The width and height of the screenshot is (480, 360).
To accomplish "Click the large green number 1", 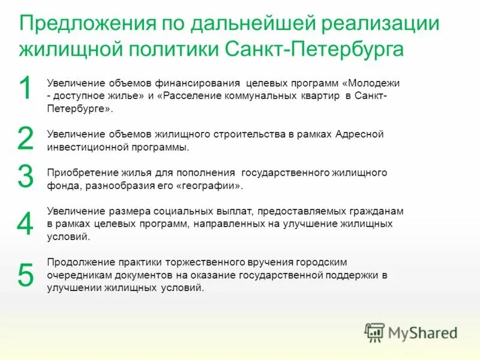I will (25, 89).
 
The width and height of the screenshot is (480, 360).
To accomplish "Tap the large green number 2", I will (25, 139).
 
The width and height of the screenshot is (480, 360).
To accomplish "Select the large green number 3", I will (25, 177).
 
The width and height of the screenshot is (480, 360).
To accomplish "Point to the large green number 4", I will (25, 224).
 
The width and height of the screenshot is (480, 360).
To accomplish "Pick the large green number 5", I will (26, 275).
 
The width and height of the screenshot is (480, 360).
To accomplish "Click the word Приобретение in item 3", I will (76, 173).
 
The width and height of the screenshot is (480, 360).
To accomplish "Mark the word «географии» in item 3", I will (211, 186).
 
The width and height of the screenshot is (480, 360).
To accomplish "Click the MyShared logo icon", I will (374, 332).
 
